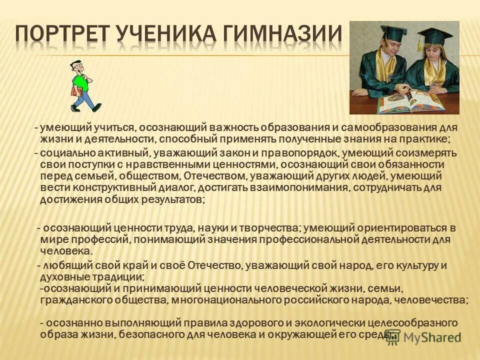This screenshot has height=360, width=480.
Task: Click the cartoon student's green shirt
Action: pos(79,82)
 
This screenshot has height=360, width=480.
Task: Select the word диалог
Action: pos(174,187)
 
